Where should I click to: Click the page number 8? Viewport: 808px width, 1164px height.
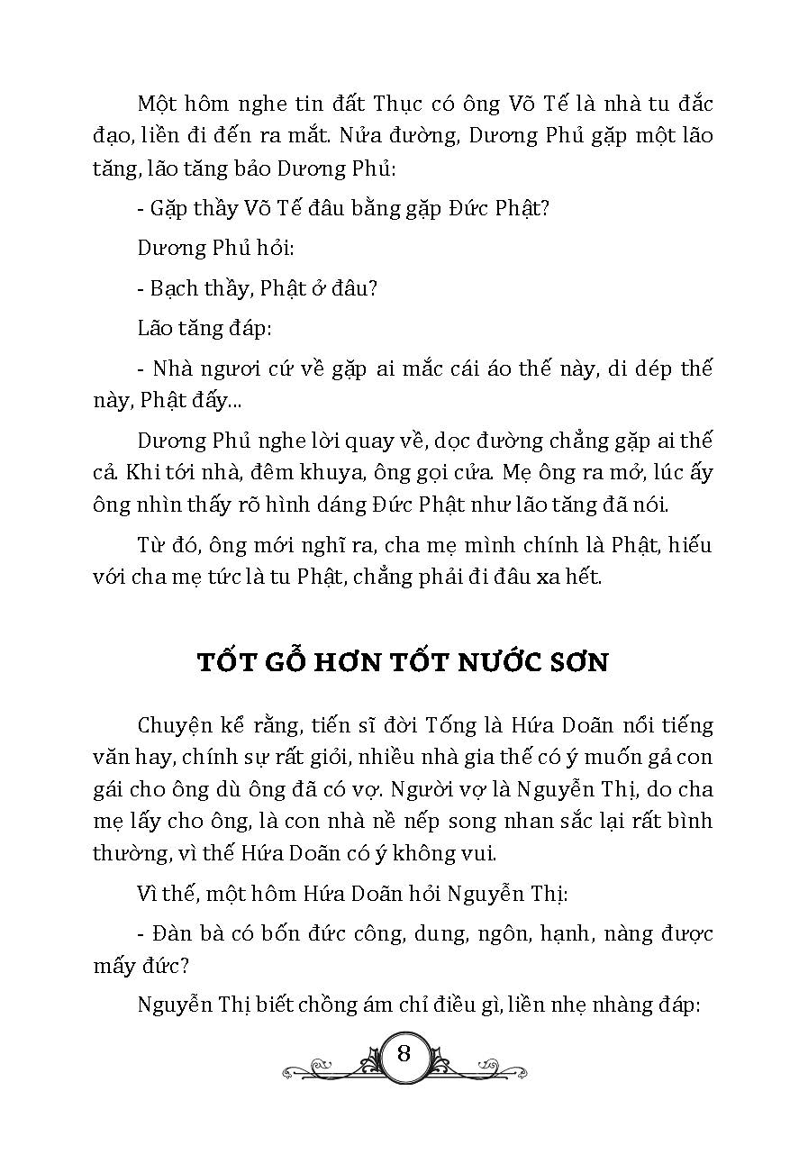(x=404, y=1053)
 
